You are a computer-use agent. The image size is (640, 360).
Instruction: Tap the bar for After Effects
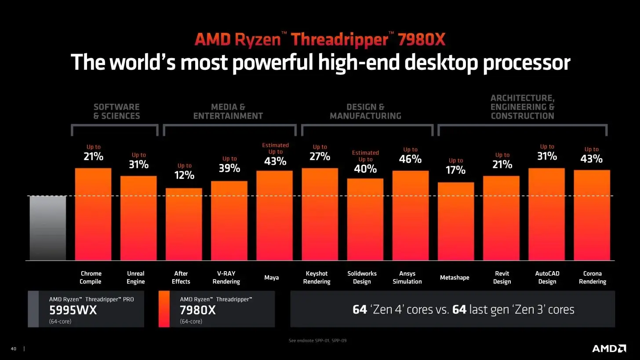[x=184, y=224]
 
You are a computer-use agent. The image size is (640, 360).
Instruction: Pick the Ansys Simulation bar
[x=410, y=215]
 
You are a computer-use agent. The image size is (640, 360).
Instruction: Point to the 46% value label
[x=410, y=160]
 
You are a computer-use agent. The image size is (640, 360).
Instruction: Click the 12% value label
[x=184, y=175]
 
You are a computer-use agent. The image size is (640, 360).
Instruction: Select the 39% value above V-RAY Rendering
[x=229, y=168]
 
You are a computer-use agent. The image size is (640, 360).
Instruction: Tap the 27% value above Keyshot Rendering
[x=320, y=156]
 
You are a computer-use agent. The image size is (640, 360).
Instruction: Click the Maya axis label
[x=271, y=277]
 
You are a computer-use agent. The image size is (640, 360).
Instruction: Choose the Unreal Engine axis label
[x=135, y=277]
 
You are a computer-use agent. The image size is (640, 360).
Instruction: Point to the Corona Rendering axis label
[x=592, y=277]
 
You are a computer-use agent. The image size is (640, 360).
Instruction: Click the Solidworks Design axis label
[x=362, y=277]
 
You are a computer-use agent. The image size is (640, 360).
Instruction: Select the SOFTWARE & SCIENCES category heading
[x=116, y=112]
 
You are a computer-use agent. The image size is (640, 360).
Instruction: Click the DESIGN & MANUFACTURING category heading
[x=365, y=112]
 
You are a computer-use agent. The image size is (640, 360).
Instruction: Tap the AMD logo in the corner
[x=609, y=348]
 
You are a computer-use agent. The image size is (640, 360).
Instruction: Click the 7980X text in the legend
[x=198, y=310]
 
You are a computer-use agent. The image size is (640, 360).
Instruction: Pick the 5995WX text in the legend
[x=73, y=310]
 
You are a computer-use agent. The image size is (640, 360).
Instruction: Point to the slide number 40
[x=13, y=349]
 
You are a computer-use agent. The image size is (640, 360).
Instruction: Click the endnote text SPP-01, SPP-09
[x=317, y=341]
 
